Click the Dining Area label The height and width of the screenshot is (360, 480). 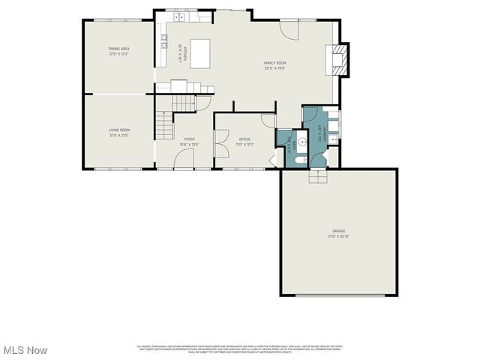(119, 51)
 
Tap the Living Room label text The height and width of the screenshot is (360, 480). (119, 133)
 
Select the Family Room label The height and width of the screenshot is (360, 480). (275, 65)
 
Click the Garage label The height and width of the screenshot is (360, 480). (339, 232)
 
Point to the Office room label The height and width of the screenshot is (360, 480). (244, 141)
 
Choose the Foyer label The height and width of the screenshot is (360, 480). (190, 141)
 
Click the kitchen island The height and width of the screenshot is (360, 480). (200, 52)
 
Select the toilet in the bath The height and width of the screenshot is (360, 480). (298, 160)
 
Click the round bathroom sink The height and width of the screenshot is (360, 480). (301, 141)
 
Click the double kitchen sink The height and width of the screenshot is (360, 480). (181, 16)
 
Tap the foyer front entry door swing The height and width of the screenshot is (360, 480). (184, 158)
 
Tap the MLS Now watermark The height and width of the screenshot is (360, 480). (24, 350)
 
